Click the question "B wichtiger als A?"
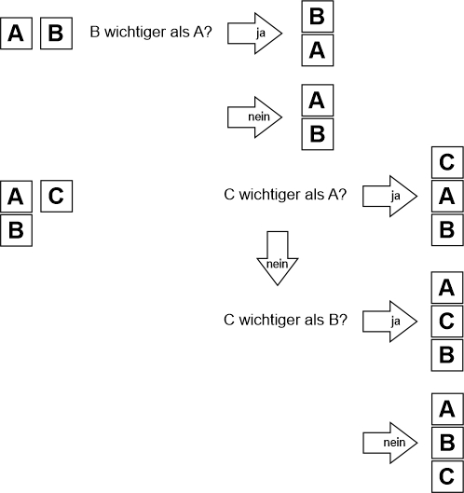pos(151,32)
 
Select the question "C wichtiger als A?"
pos(285,195)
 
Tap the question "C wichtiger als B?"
pos(285,320)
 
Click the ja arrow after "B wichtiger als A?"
pos(255,34)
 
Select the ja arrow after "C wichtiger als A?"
pos(389,197)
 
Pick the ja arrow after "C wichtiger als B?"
pos(389,322)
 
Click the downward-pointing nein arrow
pos(278,258)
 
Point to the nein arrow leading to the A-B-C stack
pos(390,443)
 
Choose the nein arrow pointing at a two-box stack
pos(255,117)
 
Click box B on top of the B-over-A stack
pos(318,17)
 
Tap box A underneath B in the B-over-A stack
pos(318,50)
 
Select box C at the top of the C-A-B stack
pos(447,162)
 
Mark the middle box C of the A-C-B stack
pos(447,322)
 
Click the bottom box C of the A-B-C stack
pos(447,476)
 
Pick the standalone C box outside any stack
pos(57,197)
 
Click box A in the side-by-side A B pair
pos(17,34)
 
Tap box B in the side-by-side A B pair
pos(56,34)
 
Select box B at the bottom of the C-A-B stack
pos(447,230)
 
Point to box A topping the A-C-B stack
pos(447,288)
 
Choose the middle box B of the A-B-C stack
pos(447,443)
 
